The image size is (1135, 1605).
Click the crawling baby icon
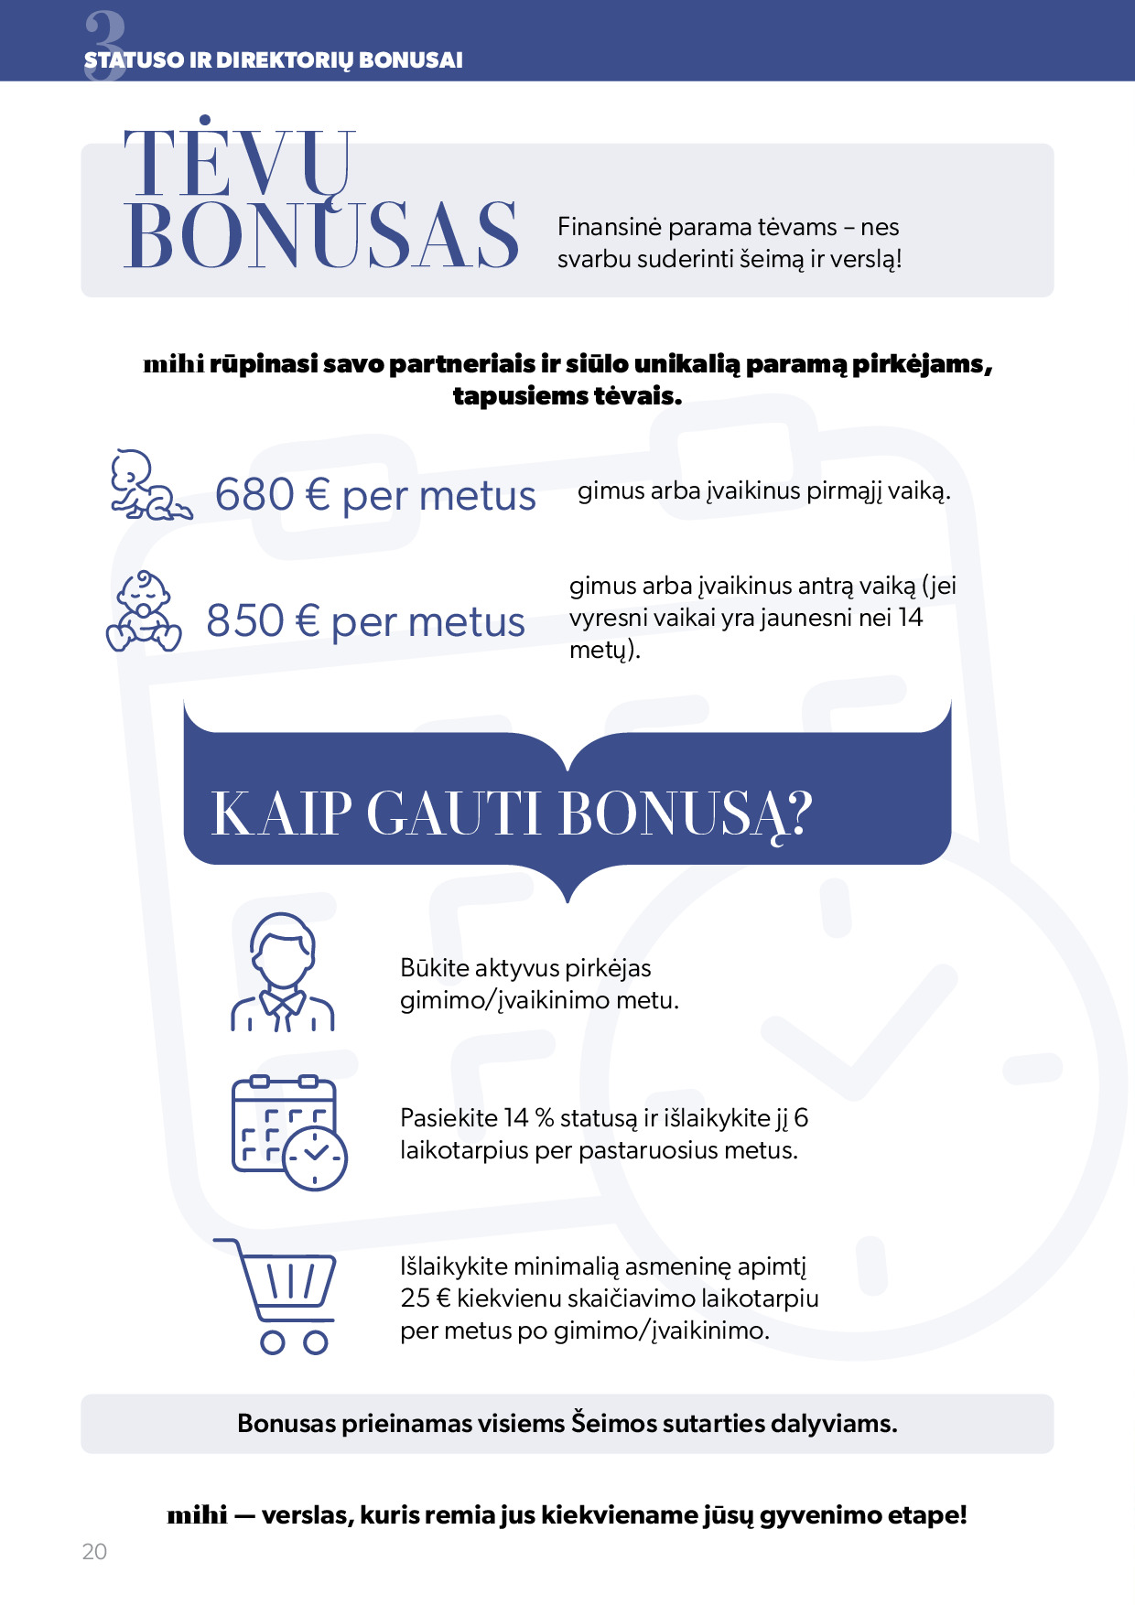150,485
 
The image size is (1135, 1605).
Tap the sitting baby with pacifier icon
144,612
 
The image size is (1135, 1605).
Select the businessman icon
282,973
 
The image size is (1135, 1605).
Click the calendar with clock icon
289,1133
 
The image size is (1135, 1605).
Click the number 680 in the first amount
254,495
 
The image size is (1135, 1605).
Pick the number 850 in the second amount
245,621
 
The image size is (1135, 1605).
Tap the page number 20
94,1551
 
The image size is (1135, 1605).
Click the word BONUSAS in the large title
321,236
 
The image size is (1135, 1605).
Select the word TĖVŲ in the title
240,164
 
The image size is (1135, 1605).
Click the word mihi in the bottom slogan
197,1515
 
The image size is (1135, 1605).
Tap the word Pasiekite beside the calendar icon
449,1118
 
